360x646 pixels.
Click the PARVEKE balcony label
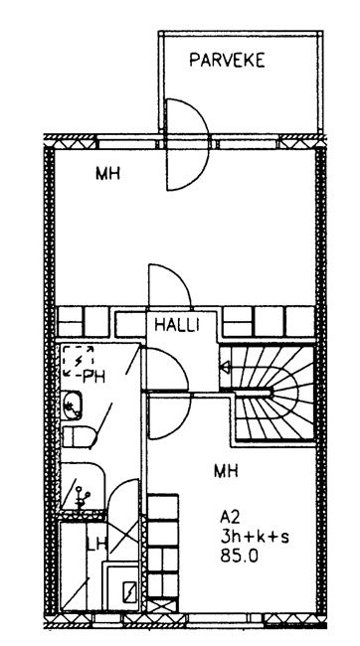pos(227,61)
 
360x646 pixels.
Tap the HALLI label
pos(176,325)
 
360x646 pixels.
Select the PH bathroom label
pos(93,376)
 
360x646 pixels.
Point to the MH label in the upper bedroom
pos(107,174)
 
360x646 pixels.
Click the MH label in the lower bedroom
pos(226,470)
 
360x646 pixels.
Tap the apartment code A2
pos(230,516)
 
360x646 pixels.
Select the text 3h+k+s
pos(255,537)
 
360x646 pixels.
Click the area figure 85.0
pos(240,557)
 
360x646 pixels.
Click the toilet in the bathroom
pos(79,436)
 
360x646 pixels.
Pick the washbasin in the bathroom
pos(72,405)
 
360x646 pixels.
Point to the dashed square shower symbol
pos(78,361)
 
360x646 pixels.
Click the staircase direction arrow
pos(225,367)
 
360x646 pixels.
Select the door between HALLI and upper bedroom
pos(169,287)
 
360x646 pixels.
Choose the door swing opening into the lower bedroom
pos(170,415)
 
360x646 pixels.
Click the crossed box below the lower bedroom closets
pos(162,605)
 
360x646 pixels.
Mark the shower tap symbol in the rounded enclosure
pos(82,497)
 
